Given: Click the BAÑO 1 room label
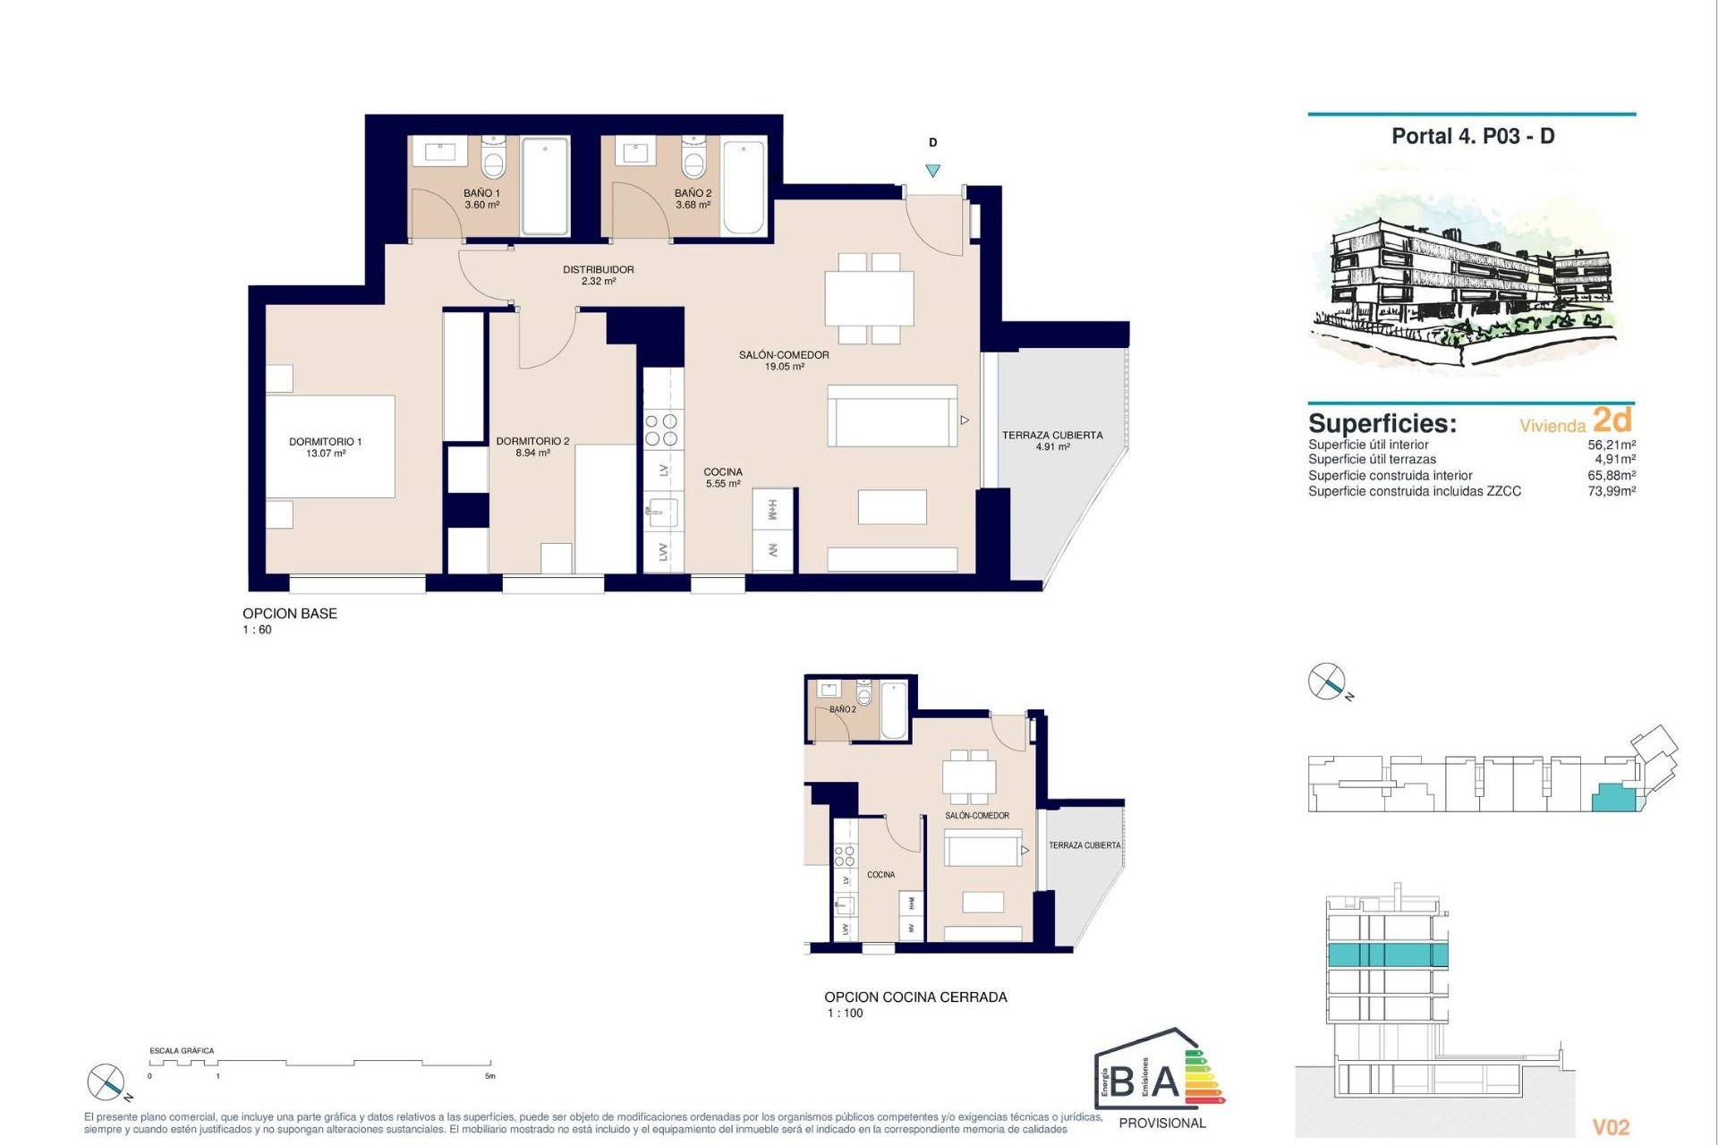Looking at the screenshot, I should coord(481,193).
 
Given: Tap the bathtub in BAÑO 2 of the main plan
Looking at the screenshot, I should coord(744,187).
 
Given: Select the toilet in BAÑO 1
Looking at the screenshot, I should coord(493,160).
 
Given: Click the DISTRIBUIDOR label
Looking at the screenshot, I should coord(598,269).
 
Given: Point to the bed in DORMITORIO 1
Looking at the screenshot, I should coord(331,446).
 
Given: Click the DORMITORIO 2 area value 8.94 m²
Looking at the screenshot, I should coord(532,454).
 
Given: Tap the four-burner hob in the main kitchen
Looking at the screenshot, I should coord(661,429).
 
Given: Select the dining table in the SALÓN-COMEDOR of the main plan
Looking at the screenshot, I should coord(869,299).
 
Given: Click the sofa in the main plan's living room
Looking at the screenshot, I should coord(892,417).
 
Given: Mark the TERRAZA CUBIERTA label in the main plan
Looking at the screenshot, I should coord(1052,436).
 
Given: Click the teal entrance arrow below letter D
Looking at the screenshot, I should coord(932,171).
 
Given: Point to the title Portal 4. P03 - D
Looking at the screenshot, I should coord(1472,137).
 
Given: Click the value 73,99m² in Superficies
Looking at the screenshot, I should coord(1612,491).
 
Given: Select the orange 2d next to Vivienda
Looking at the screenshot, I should coord(1612,420).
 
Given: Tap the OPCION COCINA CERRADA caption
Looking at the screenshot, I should coord(915,997).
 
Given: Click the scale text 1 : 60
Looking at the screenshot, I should coord(257,630).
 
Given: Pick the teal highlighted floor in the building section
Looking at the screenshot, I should coord(1386,954).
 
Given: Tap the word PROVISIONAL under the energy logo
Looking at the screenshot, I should coord(1162,1123).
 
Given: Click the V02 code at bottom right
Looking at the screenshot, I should coord(1611,1127).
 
